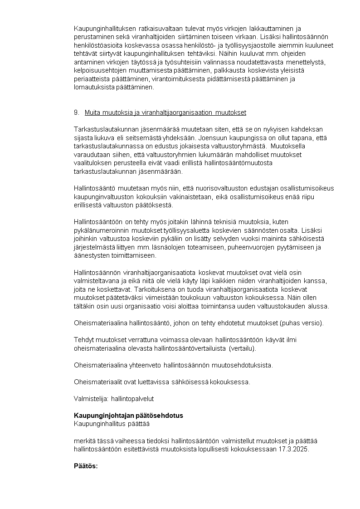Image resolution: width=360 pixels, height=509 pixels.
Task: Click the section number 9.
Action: pos(76,113)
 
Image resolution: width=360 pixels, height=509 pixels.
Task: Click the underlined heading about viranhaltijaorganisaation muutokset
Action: pos(165,113)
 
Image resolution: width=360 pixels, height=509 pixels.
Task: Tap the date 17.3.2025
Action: pos(293,449)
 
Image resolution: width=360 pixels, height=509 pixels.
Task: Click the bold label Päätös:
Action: pos(86,466)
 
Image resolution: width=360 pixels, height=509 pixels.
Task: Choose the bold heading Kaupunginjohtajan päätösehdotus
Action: pos(128,416)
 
